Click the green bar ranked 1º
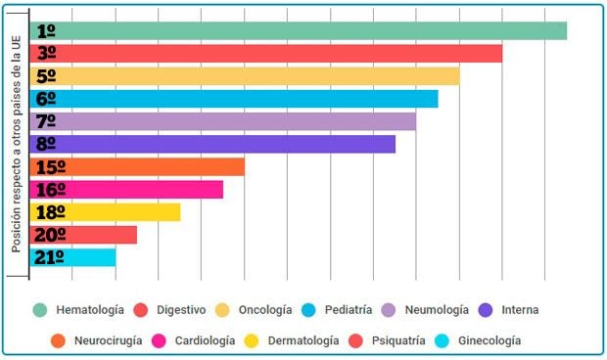299,30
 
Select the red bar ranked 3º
266,53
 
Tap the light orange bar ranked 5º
245,76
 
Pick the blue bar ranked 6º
234,99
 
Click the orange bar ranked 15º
137,166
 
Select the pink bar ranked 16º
126,189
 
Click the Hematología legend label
90,310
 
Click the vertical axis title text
17,144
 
